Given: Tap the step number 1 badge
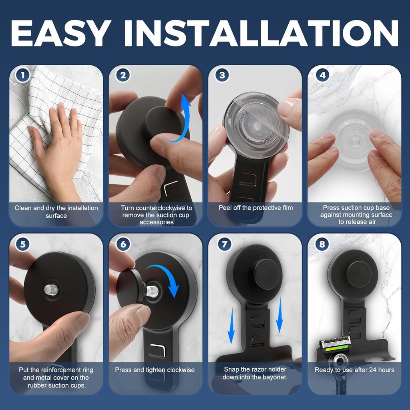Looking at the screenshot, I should click(x=23, y=75).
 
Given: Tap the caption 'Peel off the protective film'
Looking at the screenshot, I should click(x=255, y=208).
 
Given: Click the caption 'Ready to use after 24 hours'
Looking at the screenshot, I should click(x=354, y=370).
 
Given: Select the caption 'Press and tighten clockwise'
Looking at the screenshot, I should click(x=155, y=370).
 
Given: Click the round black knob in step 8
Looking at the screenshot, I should click(x=359, y=274).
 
